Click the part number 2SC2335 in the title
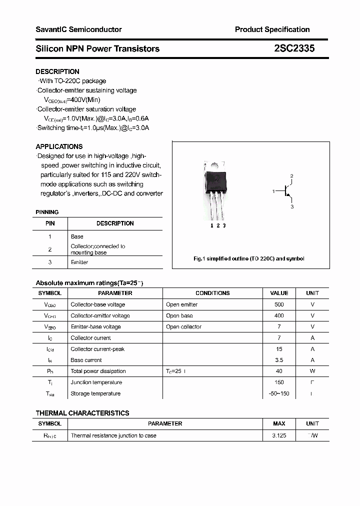[294, 48]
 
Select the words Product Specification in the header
[272, 29]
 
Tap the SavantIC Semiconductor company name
[78, 29]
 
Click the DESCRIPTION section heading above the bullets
[57, 71]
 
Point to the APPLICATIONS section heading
[59, 146]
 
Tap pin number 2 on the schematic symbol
[291, 176]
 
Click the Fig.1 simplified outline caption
[248, 258]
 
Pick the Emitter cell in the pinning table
[79, 262]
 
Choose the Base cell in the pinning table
[77, 236]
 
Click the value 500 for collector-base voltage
[279, 304]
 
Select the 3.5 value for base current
[279, 360]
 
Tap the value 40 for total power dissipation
[279, 371]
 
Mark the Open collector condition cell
[183, 326]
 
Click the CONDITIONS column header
[212, 293]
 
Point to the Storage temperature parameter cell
[95, 393]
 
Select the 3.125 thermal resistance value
[279, 435]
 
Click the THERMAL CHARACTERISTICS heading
[82, 413]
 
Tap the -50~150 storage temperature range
[279, 393]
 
